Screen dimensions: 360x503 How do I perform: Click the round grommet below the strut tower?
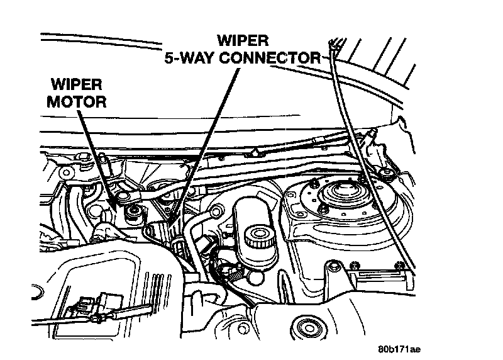309,327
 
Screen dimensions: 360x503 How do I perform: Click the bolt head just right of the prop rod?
385,172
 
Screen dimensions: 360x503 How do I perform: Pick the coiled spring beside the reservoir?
233,271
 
